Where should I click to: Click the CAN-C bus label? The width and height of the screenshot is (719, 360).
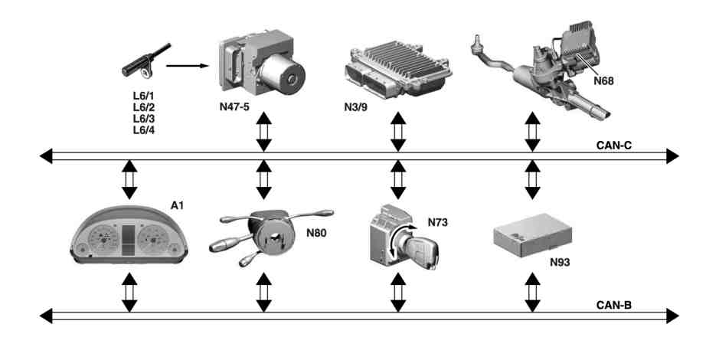613,146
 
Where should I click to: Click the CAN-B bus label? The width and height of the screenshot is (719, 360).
613,305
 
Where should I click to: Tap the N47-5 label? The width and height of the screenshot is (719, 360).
234,107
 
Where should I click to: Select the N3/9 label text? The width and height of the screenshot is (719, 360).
356,107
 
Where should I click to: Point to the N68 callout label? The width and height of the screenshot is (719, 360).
603,80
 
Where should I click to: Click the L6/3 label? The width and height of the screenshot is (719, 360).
143,119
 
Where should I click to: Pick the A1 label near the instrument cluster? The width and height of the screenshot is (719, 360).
177,205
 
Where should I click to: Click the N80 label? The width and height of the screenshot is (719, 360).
316,233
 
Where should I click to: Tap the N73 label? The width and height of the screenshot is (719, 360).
438,222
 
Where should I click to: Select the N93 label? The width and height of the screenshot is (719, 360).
560,262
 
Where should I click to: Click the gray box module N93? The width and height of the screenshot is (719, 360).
533,234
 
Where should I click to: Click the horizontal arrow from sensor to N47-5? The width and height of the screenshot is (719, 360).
187,66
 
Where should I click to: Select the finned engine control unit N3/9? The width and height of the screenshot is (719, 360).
397,68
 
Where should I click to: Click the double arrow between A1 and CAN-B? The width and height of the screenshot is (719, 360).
129,293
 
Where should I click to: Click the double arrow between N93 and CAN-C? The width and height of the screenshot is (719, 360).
532,179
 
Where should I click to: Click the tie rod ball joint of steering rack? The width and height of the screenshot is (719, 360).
477,43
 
